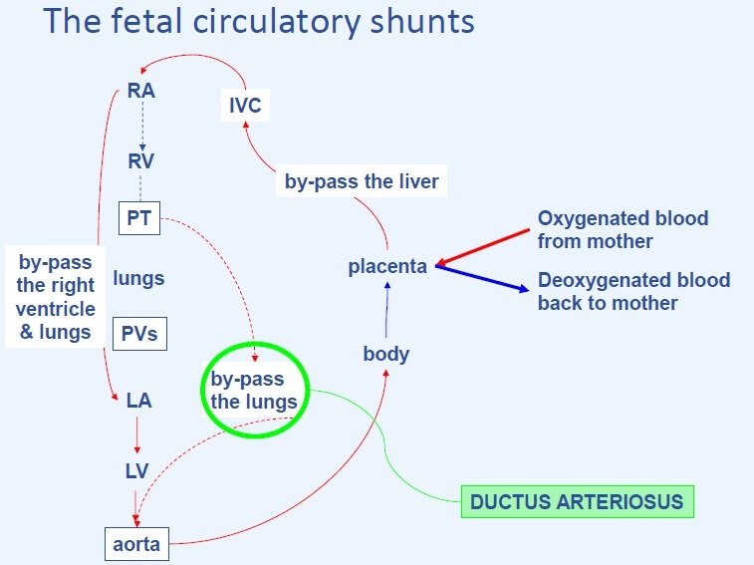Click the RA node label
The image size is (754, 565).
[141, 92]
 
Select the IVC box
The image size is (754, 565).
[244, 104]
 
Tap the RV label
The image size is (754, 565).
[140, 159]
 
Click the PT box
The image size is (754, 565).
[138, 216]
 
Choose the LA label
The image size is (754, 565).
[138, 401]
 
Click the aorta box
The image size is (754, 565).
[135, 545]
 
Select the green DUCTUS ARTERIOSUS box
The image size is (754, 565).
[577, 500]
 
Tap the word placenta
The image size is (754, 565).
[387, 266]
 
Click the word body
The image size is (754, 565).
[385, 353]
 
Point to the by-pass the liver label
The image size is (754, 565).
[362, 182]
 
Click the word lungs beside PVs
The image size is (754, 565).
[138, 278]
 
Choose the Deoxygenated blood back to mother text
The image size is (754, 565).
[633, 291]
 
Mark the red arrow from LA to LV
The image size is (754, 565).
[137, 436]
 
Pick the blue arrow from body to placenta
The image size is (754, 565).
[387, 310]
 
